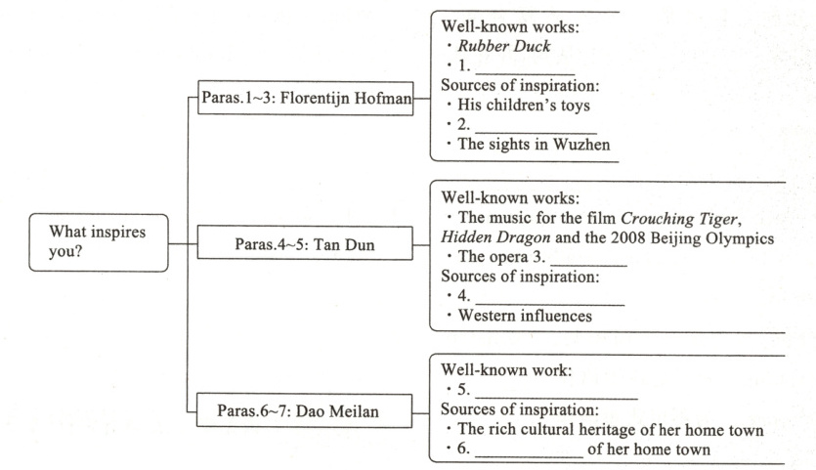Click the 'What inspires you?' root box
(x=98, y=242)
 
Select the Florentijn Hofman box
(x=305, y=98)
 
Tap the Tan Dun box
(x=305, y=242)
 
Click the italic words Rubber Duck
(x=508, y=46)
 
